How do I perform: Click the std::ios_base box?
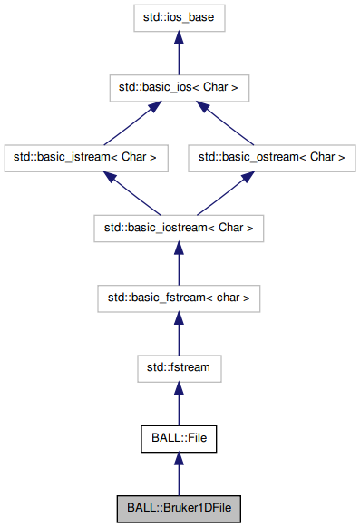[178, 17]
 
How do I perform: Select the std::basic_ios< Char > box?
[178, 87]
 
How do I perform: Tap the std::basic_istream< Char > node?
[86, 157]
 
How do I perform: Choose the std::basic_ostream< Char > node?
[271, 157]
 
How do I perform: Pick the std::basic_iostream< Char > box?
[178, 227]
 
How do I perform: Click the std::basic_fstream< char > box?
[178, 297]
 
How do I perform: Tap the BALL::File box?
[178, 438]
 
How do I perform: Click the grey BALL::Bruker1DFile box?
[178, 509]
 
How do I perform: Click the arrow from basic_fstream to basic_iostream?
[178, 262]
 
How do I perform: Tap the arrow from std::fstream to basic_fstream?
[178, 332]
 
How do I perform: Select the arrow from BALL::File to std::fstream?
[178, 403]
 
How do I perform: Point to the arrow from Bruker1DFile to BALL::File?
[178, 473]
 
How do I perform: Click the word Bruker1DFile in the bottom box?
[197, 509]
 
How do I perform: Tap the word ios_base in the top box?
[192, 17]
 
